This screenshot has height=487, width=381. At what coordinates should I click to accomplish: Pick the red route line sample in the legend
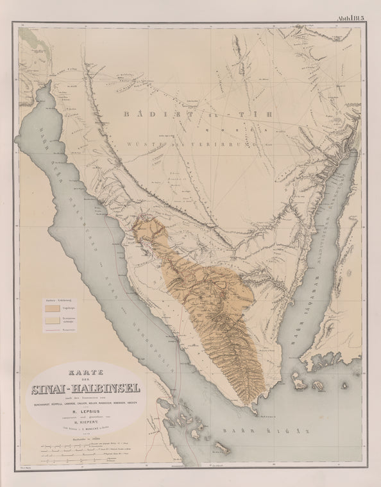(x=52, y=329)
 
